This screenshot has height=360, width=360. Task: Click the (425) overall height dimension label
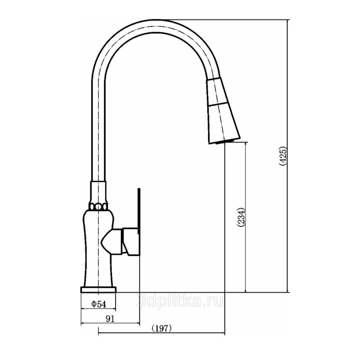tap(283, 156)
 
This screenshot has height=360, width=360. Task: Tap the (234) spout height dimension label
tap(241, 218)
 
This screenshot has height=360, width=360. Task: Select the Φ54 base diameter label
tap(99, 304)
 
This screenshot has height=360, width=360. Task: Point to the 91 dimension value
tap(110, 319)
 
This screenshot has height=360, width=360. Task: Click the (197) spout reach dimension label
tap(162, 329)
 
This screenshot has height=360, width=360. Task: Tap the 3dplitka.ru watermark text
tap(180, 300)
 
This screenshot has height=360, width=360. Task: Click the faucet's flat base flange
tap(98, 290)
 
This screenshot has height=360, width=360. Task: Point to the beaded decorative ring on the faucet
tap(98, 207)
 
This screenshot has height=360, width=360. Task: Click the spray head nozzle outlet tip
tap(225, 142)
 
